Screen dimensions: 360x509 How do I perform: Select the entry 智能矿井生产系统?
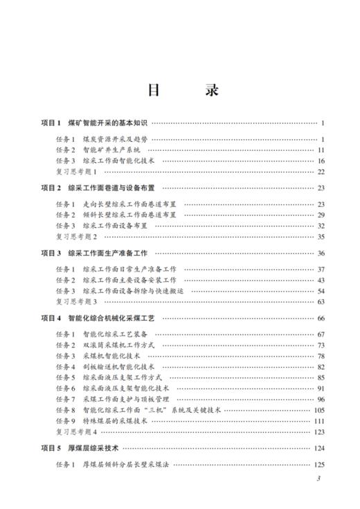111,150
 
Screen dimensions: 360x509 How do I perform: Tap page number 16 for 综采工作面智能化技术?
321,160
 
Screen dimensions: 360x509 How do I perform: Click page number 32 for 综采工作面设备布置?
321,225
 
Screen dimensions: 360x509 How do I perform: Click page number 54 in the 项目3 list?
321,291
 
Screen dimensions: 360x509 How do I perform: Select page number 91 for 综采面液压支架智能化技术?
321,389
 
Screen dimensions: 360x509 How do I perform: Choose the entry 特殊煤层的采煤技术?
115,421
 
